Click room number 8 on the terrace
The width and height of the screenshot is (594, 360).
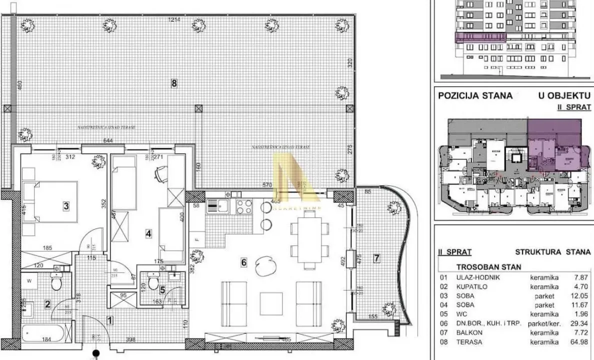[x=174, y=84]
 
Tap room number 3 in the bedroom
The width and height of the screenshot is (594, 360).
[x=65, y=205]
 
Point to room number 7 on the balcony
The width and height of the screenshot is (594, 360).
[x=377, y=258]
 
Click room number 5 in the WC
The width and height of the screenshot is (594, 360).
[x=162, y=288]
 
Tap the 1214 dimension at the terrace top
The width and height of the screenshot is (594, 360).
[x=173, y=20]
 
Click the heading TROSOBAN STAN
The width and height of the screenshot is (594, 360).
[x=482, y=267]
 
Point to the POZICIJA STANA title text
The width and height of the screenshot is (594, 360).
[x=475, y=95]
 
